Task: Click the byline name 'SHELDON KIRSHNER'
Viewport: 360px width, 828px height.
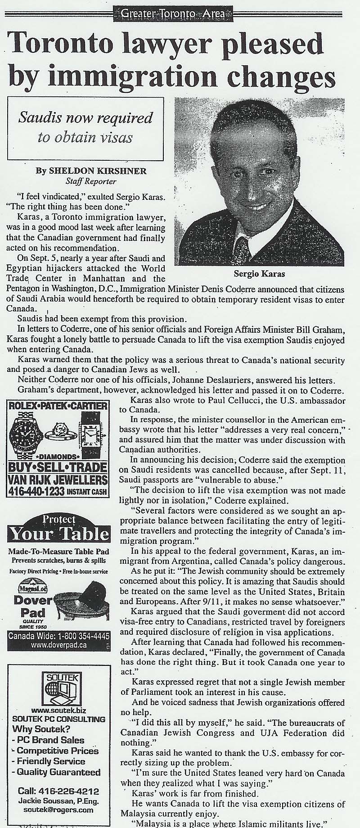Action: tap(97, 171)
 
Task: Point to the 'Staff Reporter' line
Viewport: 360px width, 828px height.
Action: tap(90, 181)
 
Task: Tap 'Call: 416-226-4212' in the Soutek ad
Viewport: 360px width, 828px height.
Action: tap(58, 791)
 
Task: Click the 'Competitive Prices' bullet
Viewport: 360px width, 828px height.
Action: tap(58, 751)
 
